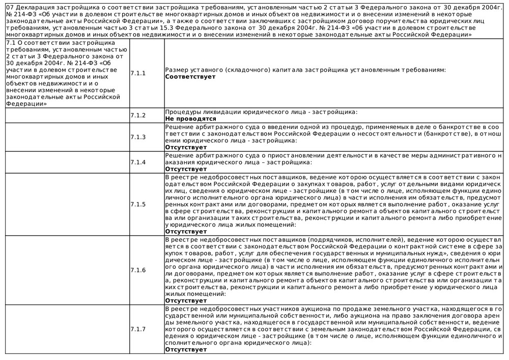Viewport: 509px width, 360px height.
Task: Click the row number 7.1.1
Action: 138,73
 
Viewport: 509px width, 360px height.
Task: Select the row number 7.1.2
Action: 138,115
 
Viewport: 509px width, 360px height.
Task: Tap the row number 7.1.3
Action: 138,137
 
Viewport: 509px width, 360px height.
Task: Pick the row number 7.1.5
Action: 138,204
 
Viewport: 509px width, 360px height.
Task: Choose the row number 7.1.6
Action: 138,270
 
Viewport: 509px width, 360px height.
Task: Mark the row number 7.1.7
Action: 138,329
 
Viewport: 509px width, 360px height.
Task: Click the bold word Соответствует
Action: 190,77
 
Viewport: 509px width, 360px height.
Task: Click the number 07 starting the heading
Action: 10,8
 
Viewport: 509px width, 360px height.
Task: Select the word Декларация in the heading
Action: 35,8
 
